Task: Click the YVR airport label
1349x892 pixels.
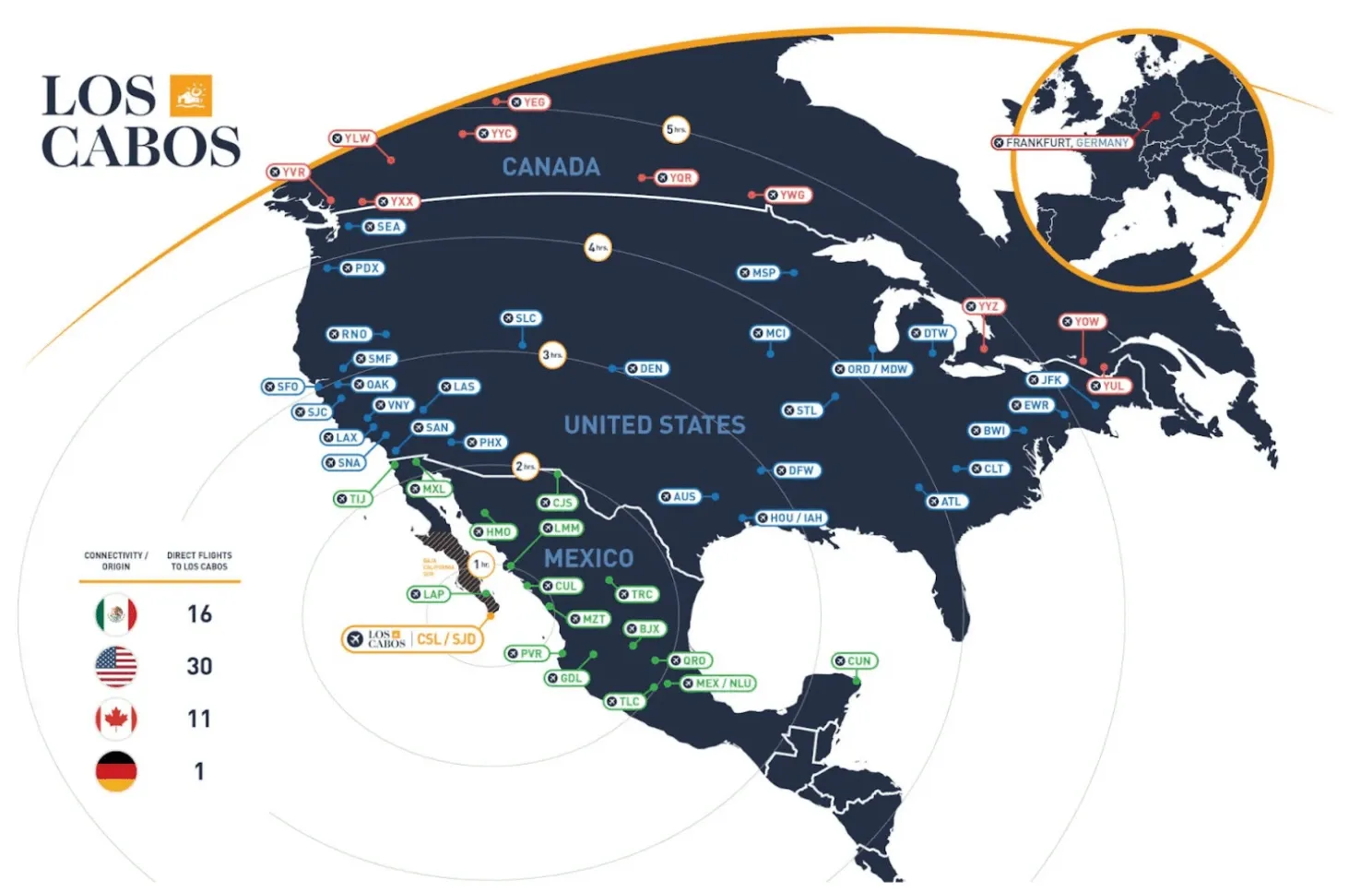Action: point(288,172)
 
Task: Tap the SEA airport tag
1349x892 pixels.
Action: point(383,227)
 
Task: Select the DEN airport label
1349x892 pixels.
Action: point(645,368)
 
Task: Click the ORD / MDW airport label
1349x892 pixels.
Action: point(871,369)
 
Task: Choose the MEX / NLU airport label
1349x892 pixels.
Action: point(717,684)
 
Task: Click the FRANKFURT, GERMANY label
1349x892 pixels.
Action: point(1061,143)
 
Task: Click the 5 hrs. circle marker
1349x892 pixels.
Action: point(676,130)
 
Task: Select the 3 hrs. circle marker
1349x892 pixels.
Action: point(552,355)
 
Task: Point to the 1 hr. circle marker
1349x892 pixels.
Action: point(481,565)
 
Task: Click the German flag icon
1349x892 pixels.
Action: point(116,771)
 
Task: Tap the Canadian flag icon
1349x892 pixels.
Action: point(116,719)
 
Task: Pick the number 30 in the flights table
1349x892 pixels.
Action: point(199,666)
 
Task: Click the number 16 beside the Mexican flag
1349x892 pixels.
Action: point(199,614)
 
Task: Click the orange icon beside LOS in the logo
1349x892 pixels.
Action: point(191,96)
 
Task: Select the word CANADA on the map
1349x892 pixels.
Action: point(550,167)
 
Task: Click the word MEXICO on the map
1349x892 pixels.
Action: point(588,558)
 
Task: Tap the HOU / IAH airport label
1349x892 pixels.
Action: point(789,518)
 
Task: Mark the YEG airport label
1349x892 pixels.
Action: point(529,102)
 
